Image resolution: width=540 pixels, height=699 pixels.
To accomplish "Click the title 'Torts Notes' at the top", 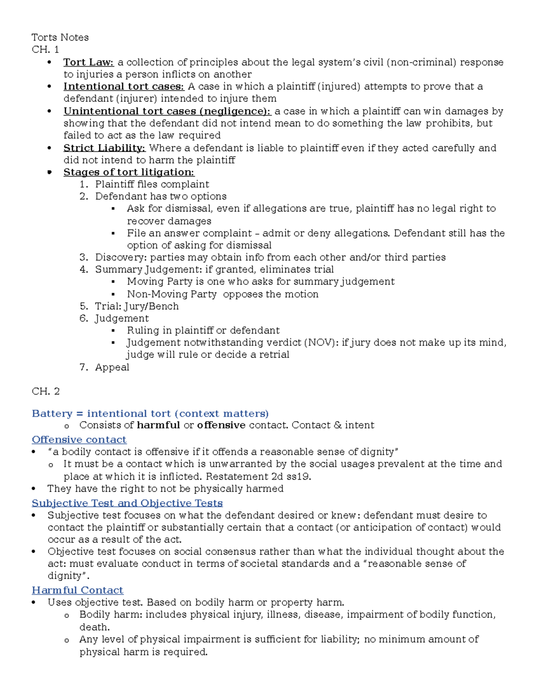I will pyautogui.click(x=60, y=37).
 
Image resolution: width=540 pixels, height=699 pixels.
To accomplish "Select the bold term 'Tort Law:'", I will pyautogui.click(x=89, y=62).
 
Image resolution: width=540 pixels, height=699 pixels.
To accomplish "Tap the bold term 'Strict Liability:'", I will pyautogui.click(x=104, y=148).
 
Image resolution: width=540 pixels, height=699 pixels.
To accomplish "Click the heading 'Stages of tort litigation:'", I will pyautogui.click(x=129, y=172).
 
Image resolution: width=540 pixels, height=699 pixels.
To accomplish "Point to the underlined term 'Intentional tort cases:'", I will pyautogui.click(x=124, y=86).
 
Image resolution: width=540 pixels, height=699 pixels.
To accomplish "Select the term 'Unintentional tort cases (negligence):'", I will pyautogui.click(x=167, y=111).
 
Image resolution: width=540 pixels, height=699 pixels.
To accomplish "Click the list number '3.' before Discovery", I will pyautogui.click(x=84, y=257).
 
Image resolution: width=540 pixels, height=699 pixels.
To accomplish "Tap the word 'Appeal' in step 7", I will pyautogui.click(x=112, y=367).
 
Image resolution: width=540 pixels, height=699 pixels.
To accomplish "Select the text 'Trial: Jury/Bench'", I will pyautogui.click(x=137, y=307).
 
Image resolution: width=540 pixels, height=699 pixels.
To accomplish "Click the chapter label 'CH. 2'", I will pyautogui.click(x=45, y=392).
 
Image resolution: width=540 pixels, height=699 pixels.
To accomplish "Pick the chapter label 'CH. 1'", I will pyautogui.click(x=45, y=50).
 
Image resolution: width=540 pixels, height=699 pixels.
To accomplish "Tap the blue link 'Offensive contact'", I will pyautogui.click(x=79, y=440).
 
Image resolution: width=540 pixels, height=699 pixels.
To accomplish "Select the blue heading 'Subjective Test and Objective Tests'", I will pyautogui.click(x=127, y=503).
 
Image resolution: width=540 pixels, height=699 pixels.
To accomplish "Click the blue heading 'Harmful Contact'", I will pyautogui.click(x=77, y=591).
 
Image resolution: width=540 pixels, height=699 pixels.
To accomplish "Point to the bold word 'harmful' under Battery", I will pyautogui.click(x=158, y=425).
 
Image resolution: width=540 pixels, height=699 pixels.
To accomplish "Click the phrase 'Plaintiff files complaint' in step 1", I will pyautogui.click(x=152, y=185).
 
